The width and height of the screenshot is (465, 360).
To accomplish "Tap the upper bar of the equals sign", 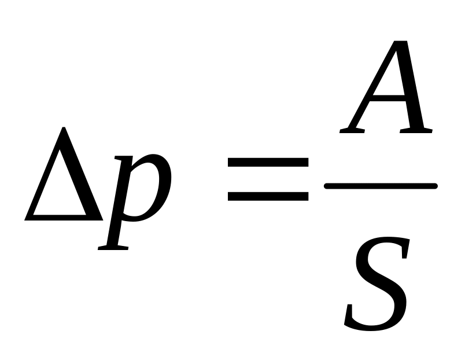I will [x=267, y=164].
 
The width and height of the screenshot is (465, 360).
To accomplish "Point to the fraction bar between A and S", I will [x=381, y=186].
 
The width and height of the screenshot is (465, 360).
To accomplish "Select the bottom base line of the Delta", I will [x=64, y=218].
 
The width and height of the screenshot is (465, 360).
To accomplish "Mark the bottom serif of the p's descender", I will [x=113, y=247].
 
